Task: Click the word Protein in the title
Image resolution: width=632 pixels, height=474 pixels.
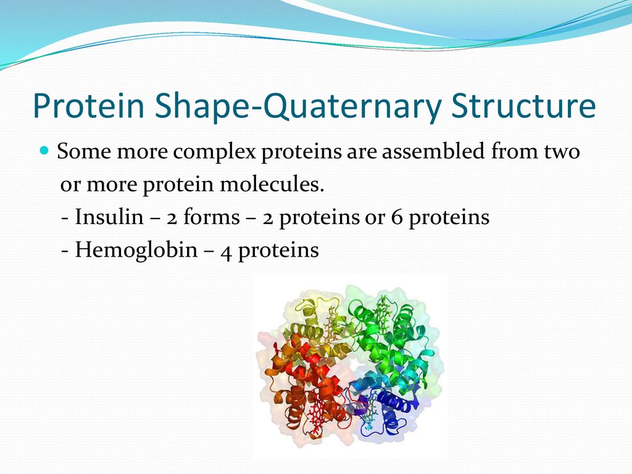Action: point(89,106)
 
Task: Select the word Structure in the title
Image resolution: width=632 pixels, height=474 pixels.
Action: point(523,106)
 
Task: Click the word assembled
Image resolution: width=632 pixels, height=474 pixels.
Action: point(433,151)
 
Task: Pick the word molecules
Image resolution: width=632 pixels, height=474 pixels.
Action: point(272,184)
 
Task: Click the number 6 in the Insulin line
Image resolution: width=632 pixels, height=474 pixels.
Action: point(397,217)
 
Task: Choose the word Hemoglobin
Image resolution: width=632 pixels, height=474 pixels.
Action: point(136,251)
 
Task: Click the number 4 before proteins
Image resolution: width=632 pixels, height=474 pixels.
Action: point(226,252)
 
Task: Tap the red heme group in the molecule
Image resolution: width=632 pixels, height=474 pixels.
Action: point(317,419)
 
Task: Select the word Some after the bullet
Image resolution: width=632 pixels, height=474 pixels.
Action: point(84,151)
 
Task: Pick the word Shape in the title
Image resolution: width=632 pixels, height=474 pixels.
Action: point(201,106)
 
